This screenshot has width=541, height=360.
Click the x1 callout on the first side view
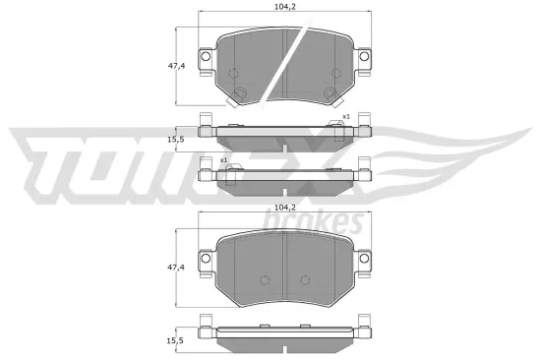pyautogui.click(x=345, y=117)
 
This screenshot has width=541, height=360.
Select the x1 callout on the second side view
pyautogui.click(x=224, y=159)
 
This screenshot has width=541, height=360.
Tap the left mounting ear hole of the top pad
pyautogui.click(x=206, y=59)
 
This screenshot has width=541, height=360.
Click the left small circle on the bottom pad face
pyautogui.click(x=263, y=279)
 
